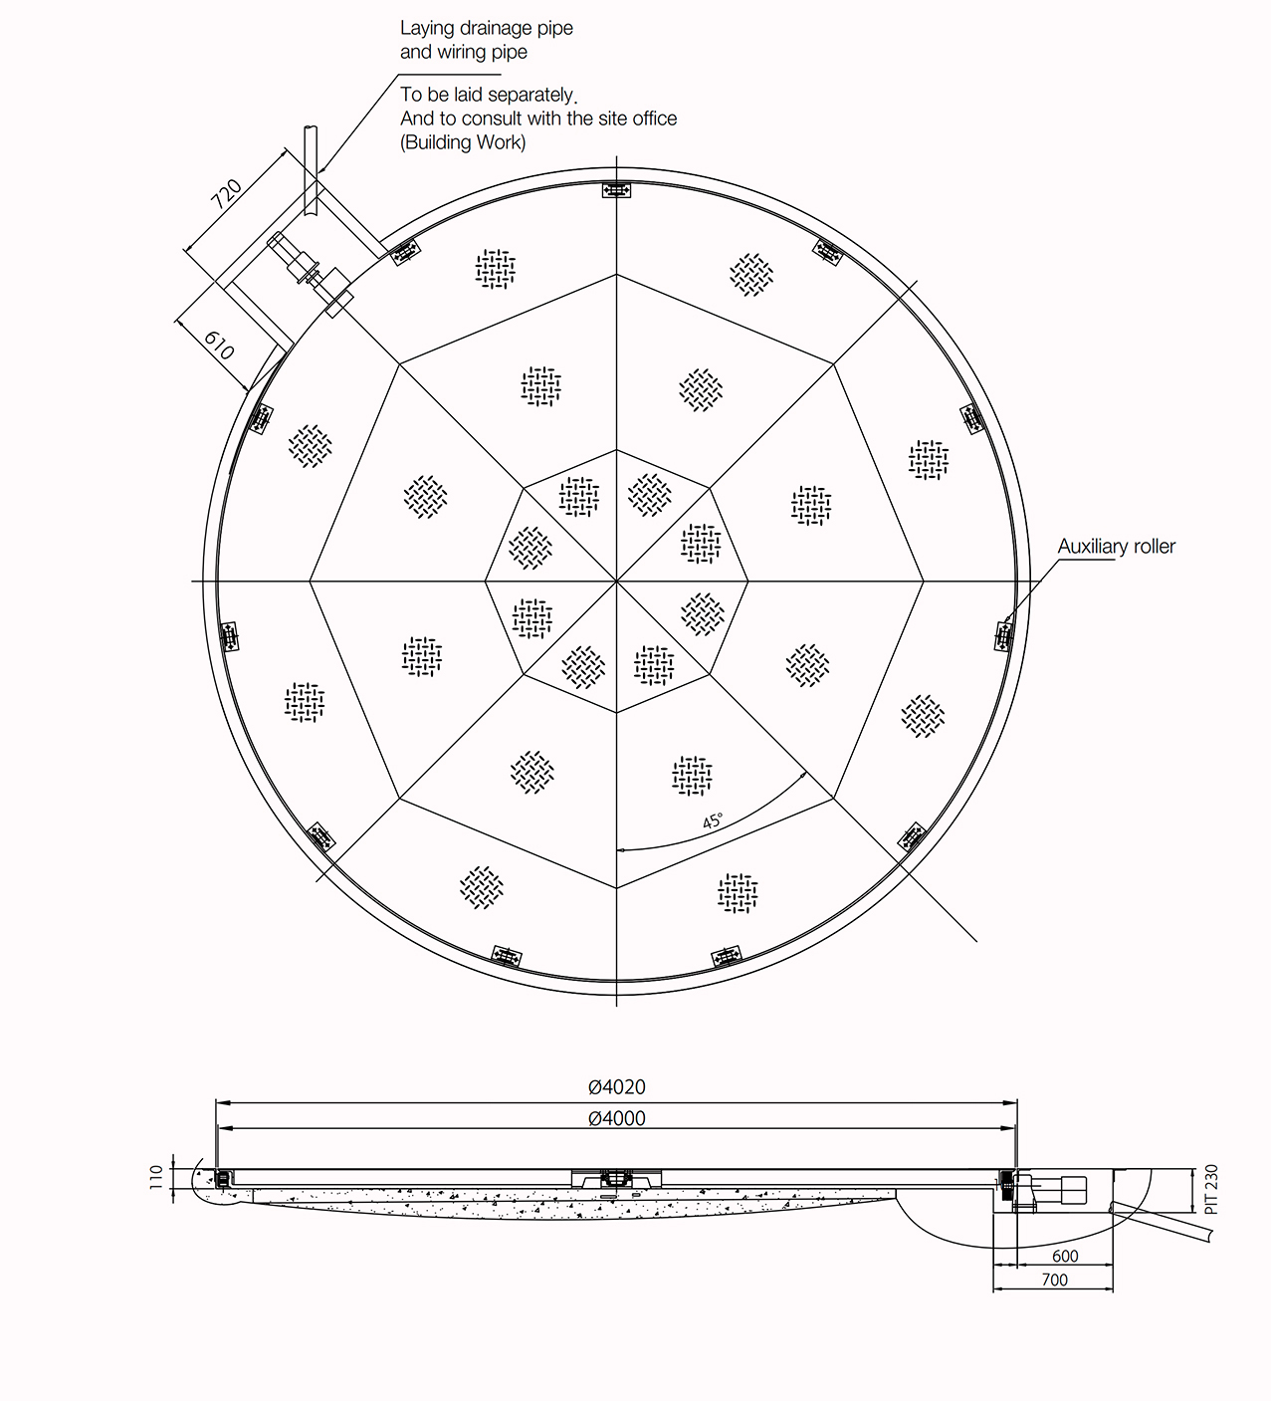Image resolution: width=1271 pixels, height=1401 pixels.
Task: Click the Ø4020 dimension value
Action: pyautogui.click(x=617, y=1086)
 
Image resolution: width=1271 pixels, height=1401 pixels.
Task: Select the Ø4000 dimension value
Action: pyautogui.click(x=617, y=1118)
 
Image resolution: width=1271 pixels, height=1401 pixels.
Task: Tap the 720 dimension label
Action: pyautogui.click(x=226, y=194)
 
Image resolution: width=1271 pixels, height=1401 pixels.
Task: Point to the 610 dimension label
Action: pyautogui.click(x=219, y=345)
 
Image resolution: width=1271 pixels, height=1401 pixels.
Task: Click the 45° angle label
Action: pyautogui.click(x=713, y=820)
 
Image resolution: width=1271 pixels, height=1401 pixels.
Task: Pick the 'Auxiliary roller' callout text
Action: pyautogui.click(x=1116, y=546)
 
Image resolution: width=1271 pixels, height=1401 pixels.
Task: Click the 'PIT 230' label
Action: pyautogui.click(x=1211, y=1189)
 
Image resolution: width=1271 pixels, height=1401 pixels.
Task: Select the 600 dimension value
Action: pyautogui.click(x=1065, y=1256)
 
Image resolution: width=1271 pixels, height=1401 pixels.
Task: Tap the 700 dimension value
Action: pyautogui.click(x=1054, y=1280)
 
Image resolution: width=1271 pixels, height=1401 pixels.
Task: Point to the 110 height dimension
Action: pyautogui.click(x=156, y=1177)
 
